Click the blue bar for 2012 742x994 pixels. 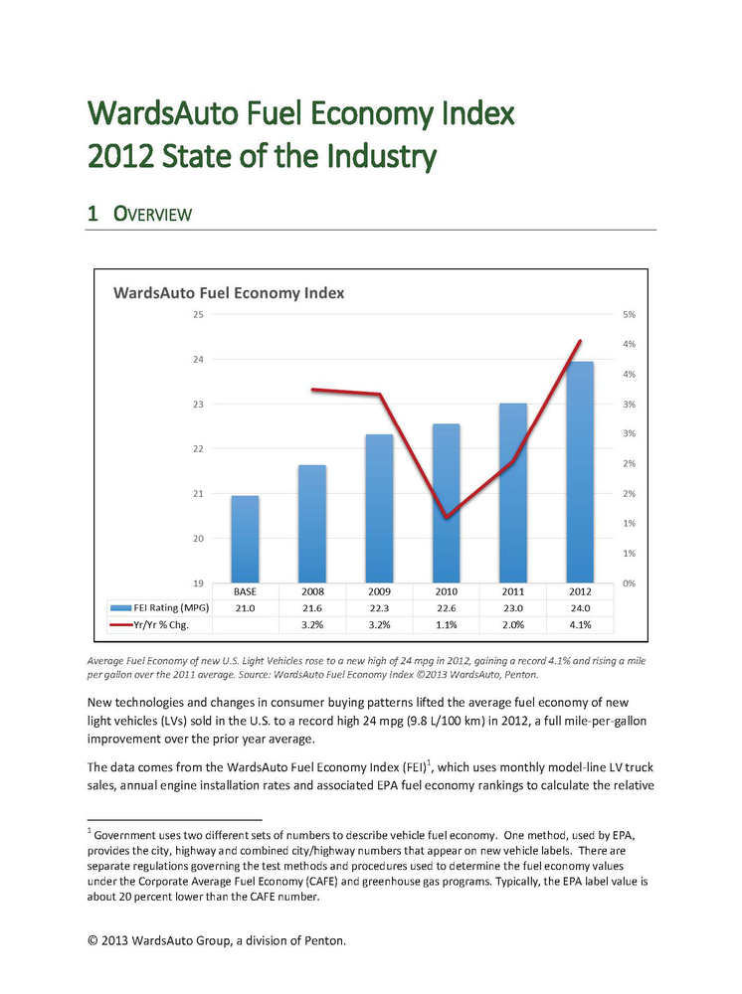coord(580,472)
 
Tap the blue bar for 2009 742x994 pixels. coord(379,508)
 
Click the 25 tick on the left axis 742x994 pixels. coord(197,314)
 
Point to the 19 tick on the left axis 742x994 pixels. coord(197,583)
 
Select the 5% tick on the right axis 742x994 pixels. coord(629,314)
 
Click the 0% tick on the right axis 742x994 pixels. coord(629,583)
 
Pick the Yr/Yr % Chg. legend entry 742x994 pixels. coord(159,625)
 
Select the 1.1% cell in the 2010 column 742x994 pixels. coord(446,625)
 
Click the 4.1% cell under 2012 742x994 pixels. coord(580,625)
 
